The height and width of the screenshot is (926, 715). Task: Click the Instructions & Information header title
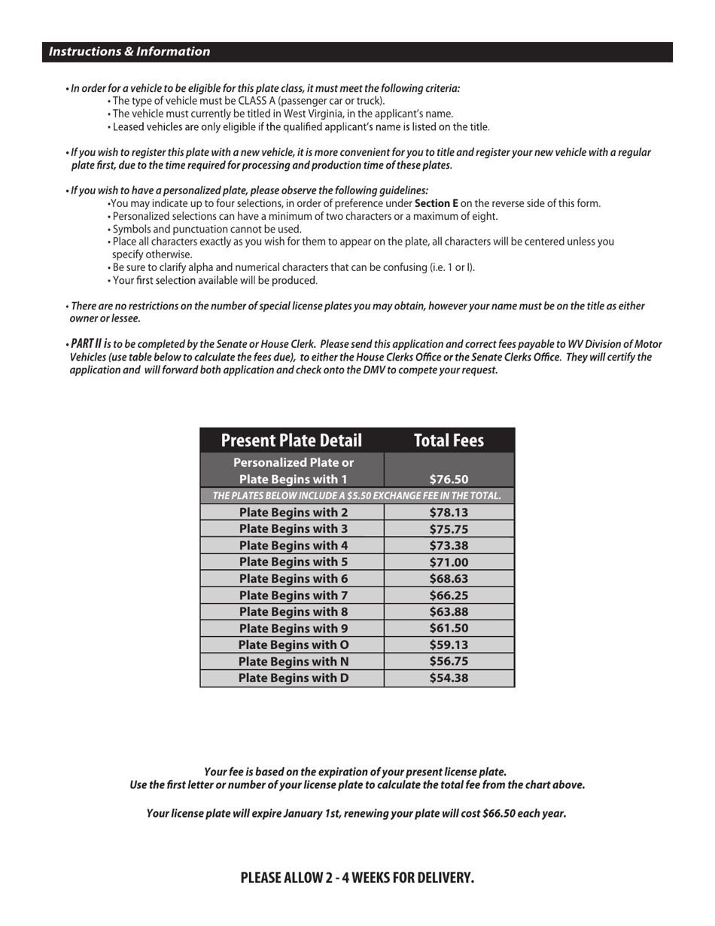tap(129, 52)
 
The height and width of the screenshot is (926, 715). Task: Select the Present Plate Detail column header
tap(291, 440)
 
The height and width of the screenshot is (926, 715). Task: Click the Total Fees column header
tap(449, 440)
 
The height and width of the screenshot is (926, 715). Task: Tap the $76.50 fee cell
tap(449, 479)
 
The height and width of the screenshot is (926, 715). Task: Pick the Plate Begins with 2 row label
tap(293, 512)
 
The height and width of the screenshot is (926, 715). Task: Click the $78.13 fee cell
tap(449, 512)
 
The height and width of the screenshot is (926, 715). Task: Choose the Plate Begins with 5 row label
tap(293, 562)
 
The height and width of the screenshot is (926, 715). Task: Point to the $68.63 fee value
tap(449, 578)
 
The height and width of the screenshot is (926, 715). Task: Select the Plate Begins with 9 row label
tap(293, 628)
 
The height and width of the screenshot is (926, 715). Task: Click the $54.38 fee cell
tap(449, 678)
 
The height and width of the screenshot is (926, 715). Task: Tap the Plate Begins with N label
tap(293, 661)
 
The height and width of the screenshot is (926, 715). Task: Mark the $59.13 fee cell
tap(449, 644)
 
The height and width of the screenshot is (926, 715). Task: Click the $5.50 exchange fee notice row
tap(357, 495)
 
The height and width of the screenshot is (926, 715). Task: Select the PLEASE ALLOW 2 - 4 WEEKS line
tap(357, 878)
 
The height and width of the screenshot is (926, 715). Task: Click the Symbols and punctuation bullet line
tap(207, 229)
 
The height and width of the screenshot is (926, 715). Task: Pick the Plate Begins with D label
tap(293, 678)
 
